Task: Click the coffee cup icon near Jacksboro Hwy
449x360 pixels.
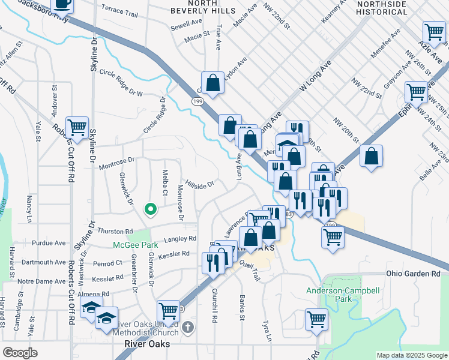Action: tap(62, 5)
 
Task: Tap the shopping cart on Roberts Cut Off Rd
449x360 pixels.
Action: tap(77, 128)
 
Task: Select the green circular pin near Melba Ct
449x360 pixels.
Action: tap(151, 209)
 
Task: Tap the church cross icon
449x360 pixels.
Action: tap(188, 328)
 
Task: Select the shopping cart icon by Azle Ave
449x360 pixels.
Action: tap(434, 32)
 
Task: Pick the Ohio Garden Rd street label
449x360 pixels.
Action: tap(413, 274)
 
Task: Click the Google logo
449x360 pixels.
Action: tap(20, 353)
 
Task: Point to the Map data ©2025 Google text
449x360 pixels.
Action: tap(412, 355)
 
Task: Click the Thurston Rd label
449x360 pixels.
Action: tap(115, 231)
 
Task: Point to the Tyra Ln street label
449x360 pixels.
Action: tap(266, 329)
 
